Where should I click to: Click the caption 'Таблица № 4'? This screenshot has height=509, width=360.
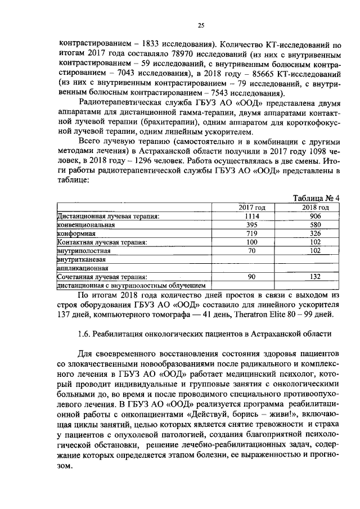[x=317, y=198]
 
